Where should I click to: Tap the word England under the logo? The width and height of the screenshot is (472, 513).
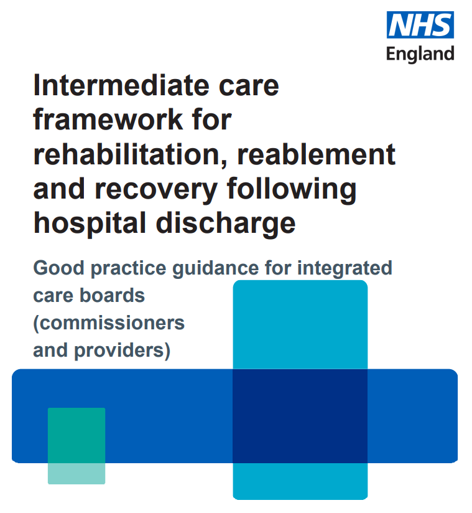coord(420,54)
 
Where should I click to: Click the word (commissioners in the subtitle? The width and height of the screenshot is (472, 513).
coord(109,323)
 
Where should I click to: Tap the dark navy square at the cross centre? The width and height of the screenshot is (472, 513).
coord(300,416)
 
